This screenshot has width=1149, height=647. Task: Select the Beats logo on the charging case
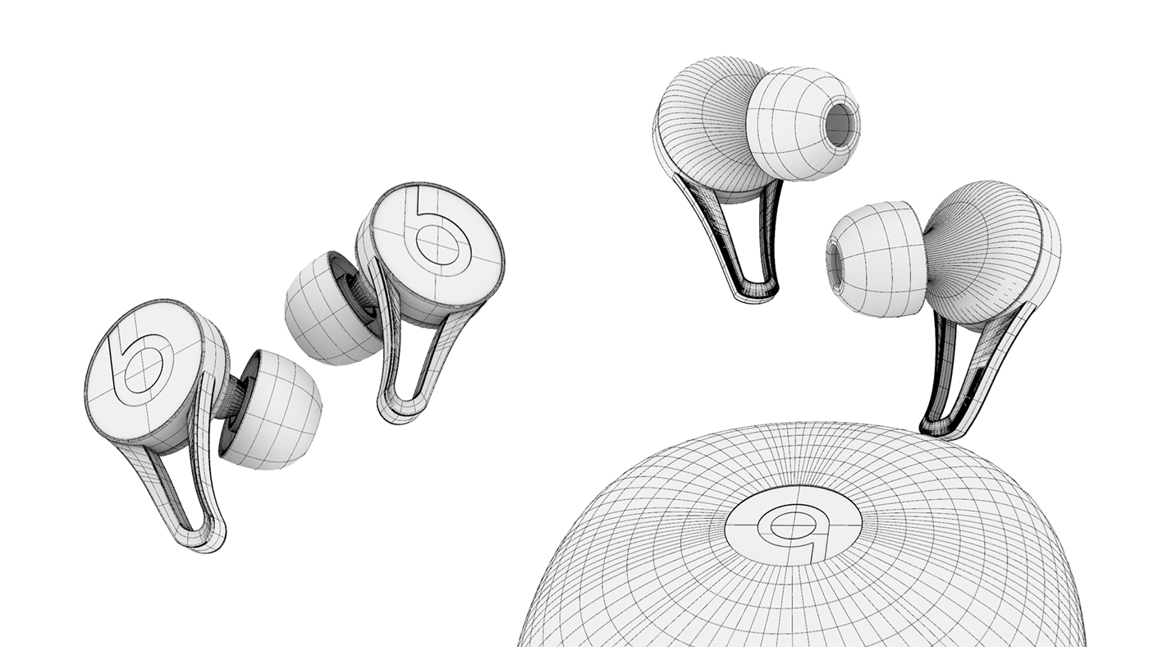pyautogui.click(x=792, y=525)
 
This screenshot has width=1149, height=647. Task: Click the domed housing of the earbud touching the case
pyautogui.click(x=993, y=246)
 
